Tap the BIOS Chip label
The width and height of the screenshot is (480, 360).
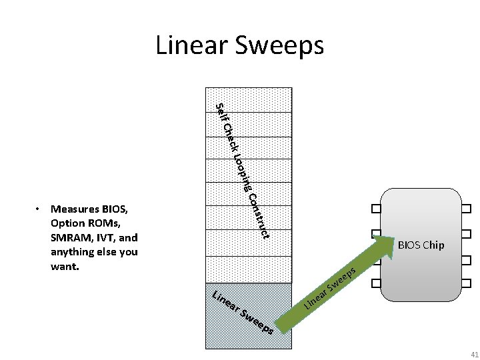420,245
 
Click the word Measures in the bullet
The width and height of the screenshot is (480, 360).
74,208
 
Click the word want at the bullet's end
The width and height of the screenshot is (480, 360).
63,267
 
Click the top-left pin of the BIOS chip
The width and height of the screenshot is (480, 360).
376,209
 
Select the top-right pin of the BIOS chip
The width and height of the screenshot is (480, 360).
465,209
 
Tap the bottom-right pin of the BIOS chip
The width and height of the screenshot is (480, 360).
465,283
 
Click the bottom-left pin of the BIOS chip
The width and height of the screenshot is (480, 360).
376,283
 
